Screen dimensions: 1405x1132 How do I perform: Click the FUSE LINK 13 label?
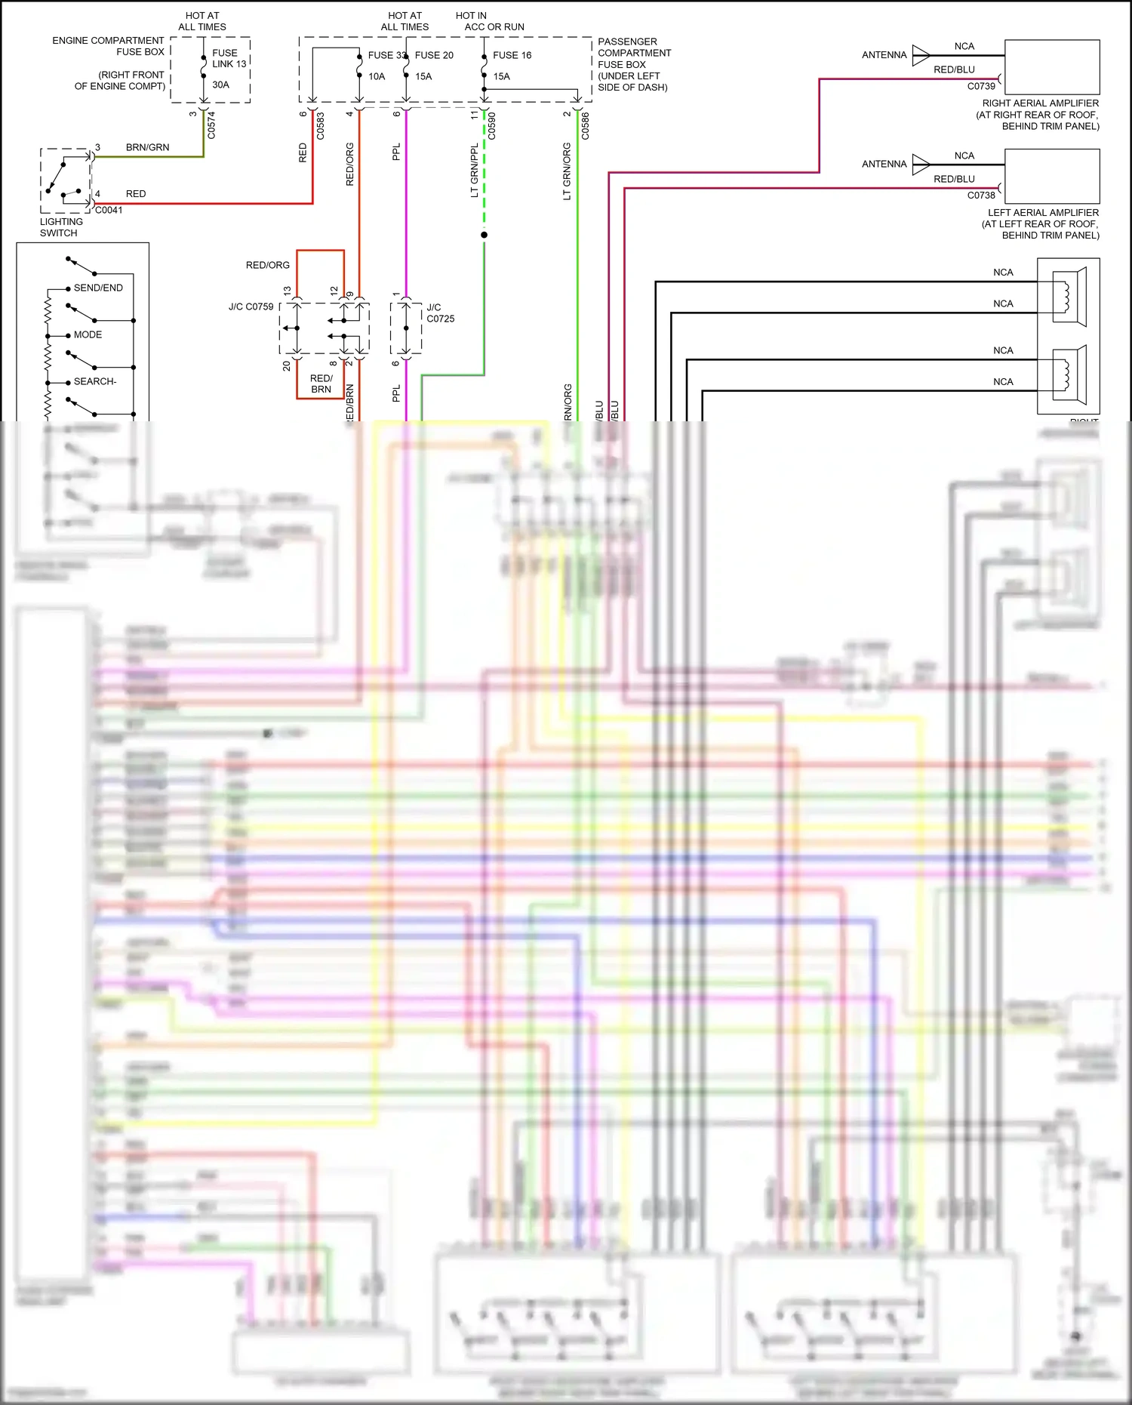tap(229, 58)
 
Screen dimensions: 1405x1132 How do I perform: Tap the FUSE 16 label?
tap(512, 55)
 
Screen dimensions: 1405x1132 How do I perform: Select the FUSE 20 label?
tap(434, 55)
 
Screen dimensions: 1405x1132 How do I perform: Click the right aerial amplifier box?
tap(1051, 67)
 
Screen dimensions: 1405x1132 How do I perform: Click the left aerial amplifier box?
tap(1051, 176)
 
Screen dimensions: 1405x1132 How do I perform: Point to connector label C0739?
tap(981, 86)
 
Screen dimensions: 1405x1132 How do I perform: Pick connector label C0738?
tap(981, 195)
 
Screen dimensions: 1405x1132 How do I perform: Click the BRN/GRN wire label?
tap(147, 147)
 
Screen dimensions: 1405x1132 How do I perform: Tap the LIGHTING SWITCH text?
tap(61, 227)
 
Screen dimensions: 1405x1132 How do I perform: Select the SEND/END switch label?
tap(98, 288)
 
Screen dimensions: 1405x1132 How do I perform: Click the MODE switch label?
tap(88, 334)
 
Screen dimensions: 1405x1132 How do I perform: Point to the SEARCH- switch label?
tap(95, 381)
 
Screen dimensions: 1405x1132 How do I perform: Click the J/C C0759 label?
tap(251, 307)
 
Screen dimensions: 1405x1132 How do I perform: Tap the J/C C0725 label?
tap(440, 313)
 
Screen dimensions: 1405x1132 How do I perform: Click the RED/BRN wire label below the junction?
tap(321, 384)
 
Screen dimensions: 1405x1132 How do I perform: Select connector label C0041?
tap(109, 210)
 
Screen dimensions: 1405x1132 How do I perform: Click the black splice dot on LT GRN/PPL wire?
tap(484, 235)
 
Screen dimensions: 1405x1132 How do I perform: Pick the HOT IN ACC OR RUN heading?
tap(490, 21)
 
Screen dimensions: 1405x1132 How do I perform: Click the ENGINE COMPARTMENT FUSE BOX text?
tap(108, 46)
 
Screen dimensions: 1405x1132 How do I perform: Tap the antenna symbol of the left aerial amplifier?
tap(921, 164)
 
